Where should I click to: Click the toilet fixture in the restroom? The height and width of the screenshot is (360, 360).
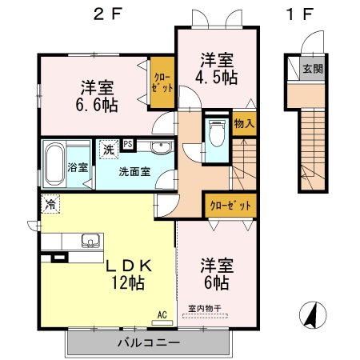217,133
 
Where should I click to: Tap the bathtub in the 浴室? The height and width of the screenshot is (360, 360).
54,164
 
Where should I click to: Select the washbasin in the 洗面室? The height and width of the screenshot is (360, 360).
161,147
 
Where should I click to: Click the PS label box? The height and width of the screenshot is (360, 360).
128,145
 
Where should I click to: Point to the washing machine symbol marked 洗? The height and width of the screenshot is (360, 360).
109,150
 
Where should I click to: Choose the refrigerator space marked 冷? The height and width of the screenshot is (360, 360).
50,204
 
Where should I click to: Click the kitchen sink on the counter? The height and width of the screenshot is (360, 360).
90,241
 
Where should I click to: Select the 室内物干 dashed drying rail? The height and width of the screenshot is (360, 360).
205,316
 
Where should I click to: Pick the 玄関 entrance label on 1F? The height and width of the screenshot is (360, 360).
313,69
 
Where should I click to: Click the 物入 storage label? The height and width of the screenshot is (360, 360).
244,124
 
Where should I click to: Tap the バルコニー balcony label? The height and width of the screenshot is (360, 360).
149,342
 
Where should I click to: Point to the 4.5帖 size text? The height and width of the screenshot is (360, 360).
216,78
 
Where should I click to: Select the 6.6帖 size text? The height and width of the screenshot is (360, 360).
97,105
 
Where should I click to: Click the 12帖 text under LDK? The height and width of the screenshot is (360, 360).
128,283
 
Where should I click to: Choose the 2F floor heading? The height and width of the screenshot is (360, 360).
107,14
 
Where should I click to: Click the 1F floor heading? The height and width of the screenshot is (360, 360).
299,14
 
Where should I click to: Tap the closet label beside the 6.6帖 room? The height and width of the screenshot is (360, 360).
162,82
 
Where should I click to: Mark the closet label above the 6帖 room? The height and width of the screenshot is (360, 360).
230,206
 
